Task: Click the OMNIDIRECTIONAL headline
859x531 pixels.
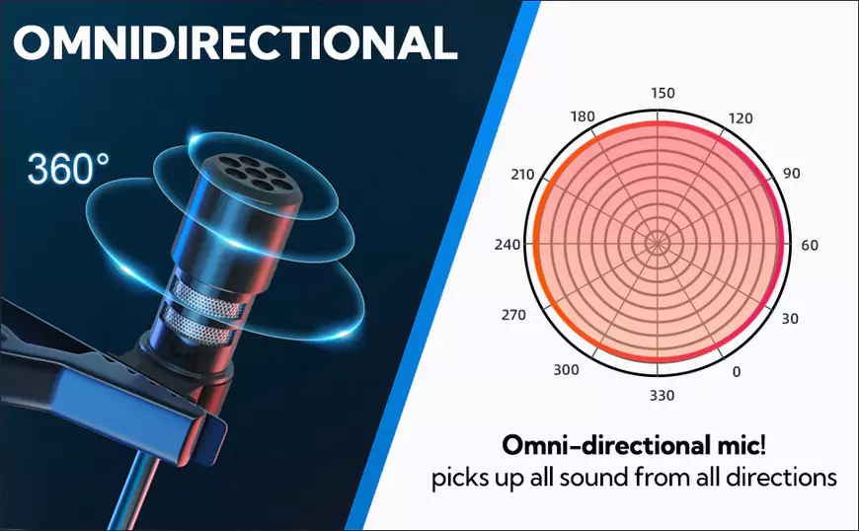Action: [x=236, y=42]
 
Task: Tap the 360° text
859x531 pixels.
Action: [x=68, y=169]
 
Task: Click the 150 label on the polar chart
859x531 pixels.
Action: [x=663, y=93]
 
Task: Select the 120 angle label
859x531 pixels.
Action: [x=741, y=118]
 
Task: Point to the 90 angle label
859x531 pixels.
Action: [x=792, y=174]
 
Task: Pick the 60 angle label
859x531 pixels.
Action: [x=810, y=245]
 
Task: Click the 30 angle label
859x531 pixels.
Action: [x=790, y=319]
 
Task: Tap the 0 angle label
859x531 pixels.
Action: [x=737, y=372]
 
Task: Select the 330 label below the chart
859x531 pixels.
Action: [x=662, y=395]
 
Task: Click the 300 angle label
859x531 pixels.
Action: [x=566, y=370]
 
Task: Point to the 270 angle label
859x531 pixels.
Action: [x=513, y=315]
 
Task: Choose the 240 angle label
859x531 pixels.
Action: [x=508, y=244]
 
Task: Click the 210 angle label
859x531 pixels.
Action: [x=522, y=175]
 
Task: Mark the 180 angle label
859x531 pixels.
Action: [x=583, y=116]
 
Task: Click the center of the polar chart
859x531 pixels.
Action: [x=658, y=243]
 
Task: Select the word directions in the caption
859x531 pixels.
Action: [x=782, y=477]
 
